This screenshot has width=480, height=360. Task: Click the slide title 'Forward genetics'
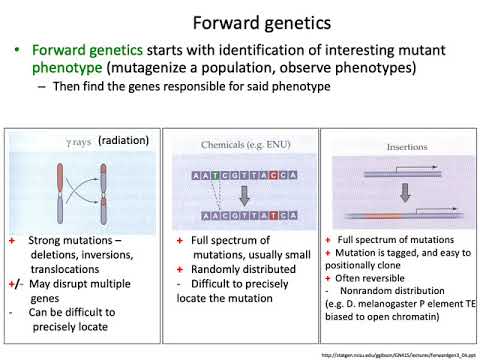click(x=240, y=19)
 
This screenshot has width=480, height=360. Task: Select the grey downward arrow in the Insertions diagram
click(x=374, y=189)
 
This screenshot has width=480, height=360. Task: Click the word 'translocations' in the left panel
click(x=67, y=269)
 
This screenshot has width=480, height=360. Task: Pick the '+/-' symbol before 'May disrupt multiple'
click(x=15, y=283)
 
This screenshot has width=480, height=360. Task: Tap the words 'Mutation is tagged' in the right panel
click(x=377, y=255)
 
